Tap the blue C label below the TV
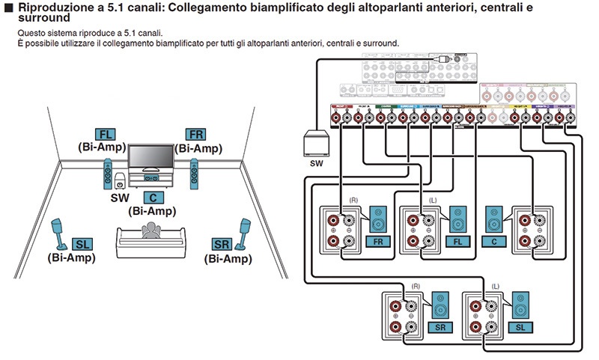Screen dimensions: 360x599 tap(152, 198)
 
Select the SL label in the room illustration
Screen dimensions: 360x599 tap(80, 245)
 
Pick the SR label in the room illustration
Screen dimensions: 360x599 tap(222, 245)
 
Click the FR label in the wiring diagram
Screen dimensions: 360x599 tap(379, 242)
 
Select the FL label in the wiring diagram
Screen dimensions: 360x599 tap(455, 242)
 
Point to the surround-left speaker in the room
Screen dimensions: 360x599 tap(59, 234)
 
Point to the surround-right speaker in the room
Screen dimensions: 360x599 tap(243, 234)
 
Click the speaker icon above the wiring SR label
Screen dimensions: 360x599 tap(441, 308)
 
